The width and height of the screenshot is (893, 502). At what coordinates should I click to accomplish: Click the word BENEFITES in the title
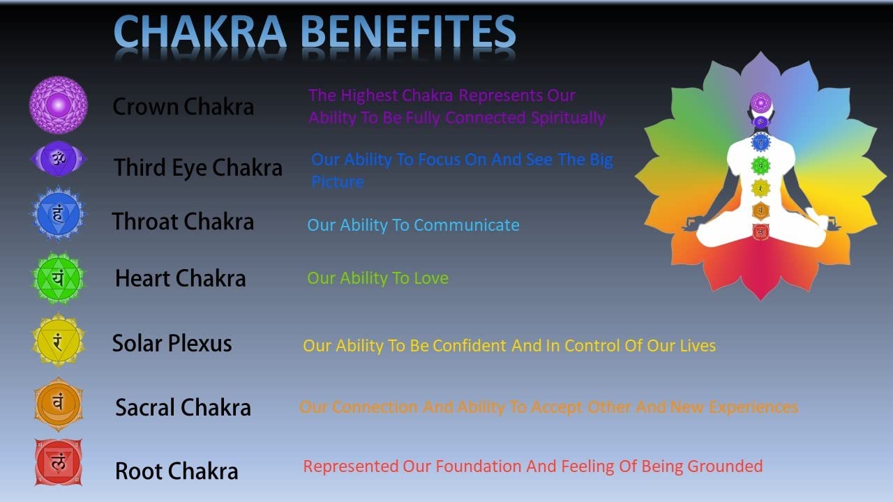(408, 31)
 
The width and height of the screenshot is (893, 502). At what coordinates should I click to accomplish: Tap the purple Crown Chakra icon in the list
(58, 105)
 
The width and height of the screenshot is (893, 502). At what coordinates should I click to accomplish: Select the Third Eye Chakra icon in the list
(58, 158)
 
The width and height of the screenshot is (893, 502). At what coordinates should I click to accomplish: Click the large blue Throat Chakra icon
(58, 214)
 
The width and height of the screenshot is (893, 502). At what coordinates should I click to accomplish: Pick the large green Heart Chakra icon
(58, 278)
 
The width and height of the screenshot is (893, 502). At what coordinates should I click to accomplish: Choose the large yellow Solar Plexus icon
(58, 341)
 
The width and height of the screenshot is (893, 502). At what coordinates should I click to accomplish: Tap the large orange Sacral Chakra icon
(58, 404)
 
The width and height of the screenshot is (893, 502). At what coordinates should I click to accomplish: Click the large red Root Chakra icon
(58, 462)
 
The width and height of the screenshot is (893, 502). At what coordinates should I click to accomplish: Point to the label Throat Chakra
(183, 222)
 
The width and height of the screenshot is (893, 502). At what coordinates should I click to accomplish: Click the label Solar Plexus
(172, 344)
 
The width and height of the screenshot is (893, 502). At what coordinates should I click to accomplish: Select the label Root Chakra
(177, 471)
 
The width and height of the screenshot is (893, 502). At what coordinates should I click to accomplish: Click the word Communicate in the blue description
(467, 225)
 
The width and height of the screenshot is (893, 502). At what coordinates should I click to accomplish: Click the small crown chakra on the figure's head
(760, 102)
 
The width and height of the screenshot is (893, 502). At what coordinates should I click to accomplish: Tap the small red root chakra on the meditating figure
(760, 232)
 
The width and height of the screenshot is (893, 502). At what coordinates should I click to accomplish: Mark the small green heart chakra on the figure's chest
(760, 166)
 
